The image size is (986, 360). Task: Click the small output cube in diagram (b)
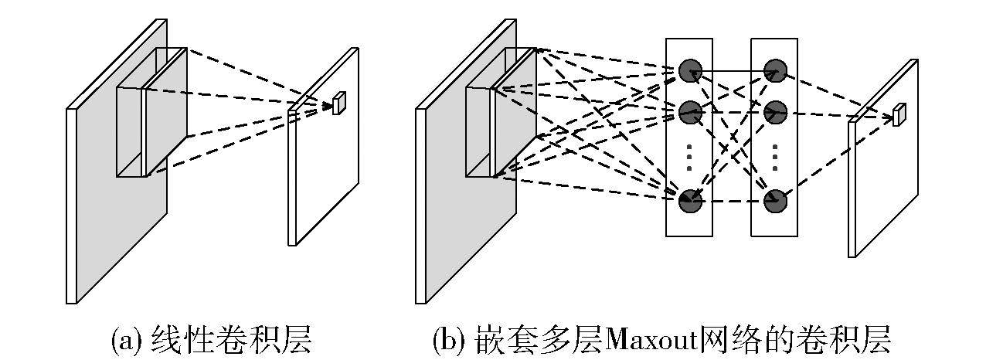pyautogui.click(x=898, y=115)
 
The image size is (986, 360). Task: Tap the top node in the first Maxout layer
pyautogui.click(x=689, y=71)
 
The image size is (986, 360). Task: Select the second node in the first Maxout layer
pyautogui.click(x=689, y=113)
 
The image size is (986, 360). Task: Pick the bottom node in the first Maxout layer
pyautogui.click(x=689, y=202)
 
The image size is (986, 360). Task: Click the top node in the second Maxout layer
pyautogui.click(x=775, y=71)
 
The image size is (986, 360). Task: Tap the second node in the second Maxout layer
pyautogui.click(x=775, y=113)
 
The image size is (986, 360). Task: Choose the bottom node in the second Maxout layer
pyautogui.click(x=775, y=202)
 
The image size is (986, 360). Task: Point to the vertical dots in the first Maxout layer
pyautogui.click(x=689, y=157)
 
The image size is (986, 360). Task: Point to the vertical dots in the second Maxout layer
pyautogui.click(x=775, y=157)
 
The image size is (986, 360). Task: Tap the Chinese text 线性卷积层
pyautogui.click(x=231, y=339)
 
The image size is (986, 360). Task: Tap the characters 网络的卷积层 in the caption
pyautogui.click(x=800, y=339)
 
